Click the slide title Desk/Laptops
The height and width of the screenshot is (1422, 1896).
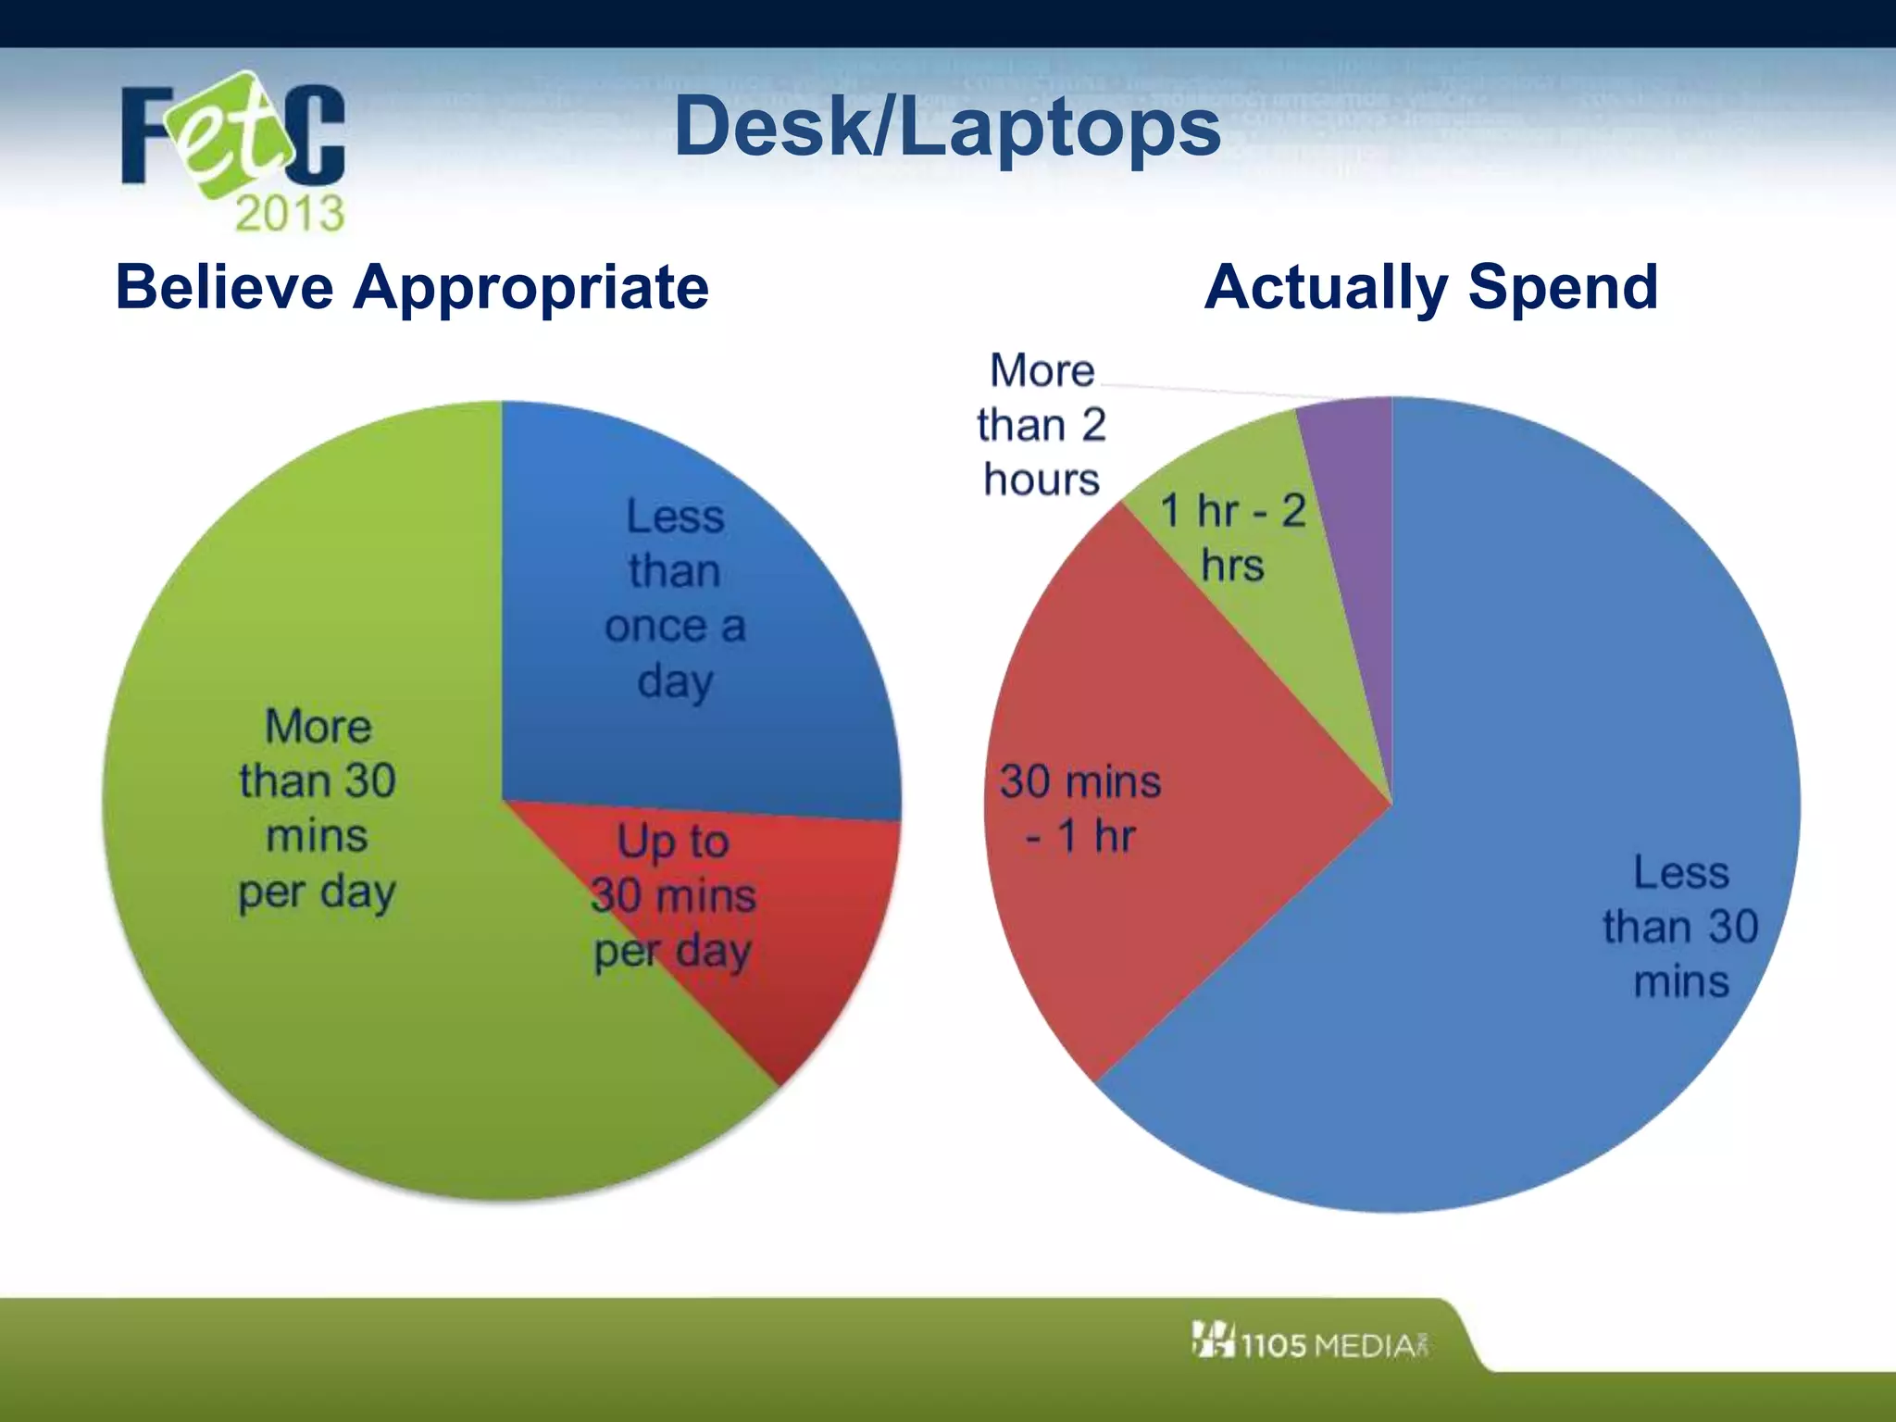pos(947,127)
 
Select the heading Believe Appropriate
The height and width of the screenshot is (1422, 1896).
pos(412,287)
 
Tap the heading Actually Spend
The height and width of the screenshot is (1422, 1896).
pos(1430,287)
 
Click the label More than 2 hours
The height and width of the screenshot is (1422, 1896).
pos(1042,425)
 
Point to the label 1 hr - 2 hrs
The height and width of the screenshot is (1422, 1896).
pos(1232,537)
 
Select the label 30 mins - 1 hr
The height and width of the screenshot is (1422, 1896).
pos(1079,808)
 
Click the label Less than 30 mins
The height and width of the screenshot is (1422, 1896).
pos(1680,926)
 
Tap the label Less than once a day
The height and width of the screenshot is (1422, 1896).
pos(675,598)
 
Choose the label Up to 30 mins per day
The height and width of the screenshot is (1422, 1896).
pos(673,896)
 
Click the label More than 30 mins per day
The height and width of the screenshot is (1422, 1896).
pos(318,808)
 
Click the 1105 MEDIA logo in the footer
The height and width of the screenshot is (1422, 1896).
pos(1310,1342)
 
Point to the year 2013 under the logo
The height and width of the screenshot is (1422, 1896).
pos(289,213)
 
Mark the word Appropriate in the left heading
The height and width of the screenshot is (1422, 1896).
pos(531,287)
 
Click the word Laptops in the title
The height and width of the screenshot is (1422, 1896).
pos(1060,127)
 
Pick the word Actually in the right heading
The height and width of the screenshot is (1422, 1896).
pos(1326,287)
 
